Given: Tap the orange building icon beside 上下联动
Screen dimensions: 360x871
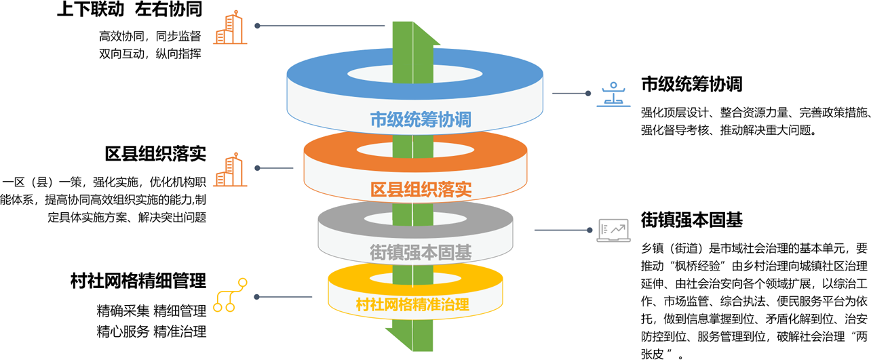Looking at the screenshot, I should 231,28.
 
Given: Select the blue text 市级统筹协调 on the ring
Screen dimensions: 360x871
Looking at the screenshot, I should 421,120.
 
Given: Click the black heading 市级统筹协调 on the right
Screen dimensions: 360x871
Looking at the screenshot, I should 691,84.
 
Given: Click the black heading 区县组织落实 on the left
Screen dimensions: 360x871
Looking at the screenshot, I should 155,153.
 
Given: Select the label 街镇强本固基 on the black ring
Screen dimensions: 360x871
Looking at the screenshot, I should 421,252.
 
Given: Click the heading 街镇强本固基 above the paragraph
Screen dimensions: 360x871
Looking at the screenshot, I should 691,220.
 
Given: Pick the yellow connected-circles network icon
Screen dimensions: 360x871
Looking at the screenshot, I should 225,296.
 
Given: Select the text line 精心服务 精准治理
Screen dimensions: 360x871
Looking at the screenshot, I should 151,332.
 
